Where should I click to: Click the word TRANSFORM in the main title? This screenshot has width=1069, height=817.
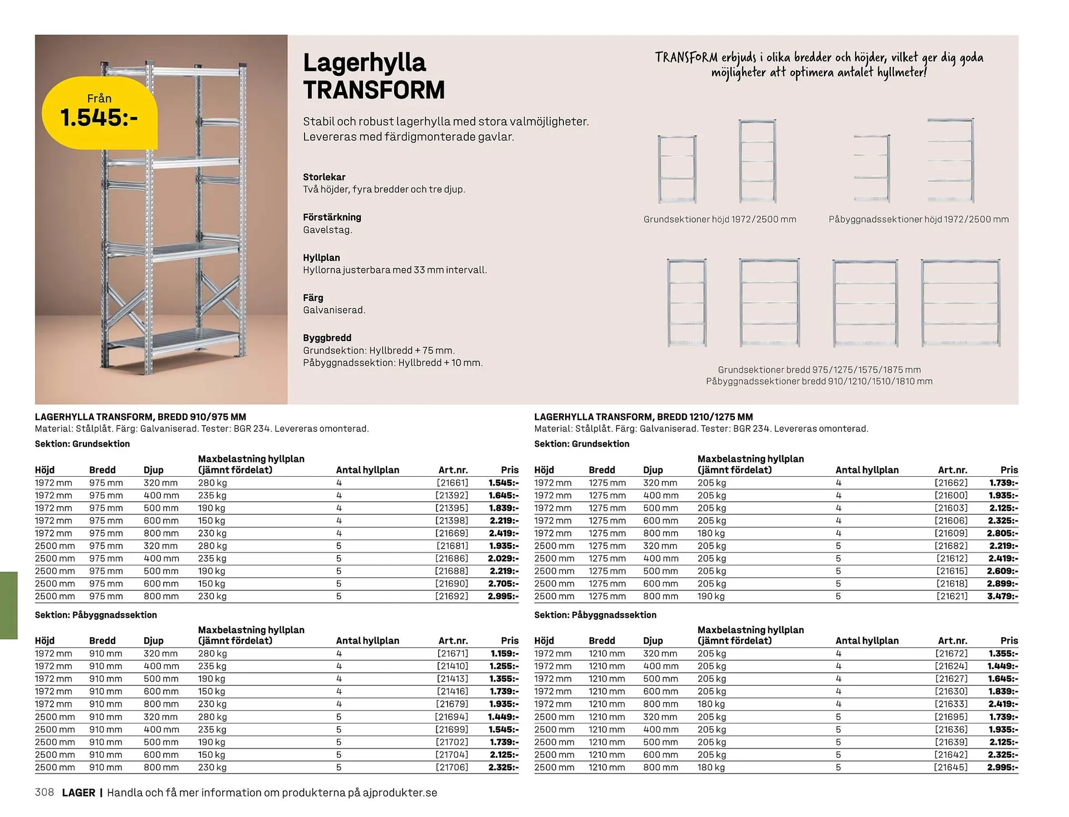374,90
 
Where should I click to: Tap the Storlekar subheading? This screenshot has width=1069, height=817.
324,177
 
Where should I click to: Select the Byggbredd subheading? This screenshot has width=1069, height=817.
327,337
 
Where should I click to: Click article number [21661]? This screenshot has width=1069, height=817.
452,483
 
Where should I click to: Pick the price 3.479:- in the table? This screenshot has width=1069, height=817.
1002,596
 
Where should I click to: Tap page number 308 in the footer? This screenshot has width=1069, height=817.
44,792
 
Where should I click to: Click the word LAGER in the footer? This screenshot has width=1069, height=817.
79,792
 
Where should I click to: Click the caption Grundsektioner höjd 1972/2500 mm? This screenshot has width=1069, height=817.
719,219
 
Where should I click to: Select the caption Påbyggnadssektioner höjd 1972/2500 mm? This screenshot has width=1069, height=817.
918,219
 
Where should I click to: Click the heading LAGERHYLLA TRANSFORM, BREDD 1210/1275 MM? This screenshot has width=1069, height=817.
643,417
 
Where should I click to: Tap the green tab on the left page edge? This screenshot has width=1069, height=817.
9,605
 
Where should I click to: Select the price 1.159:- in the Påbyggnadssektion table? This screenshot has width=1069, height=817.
504,653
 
